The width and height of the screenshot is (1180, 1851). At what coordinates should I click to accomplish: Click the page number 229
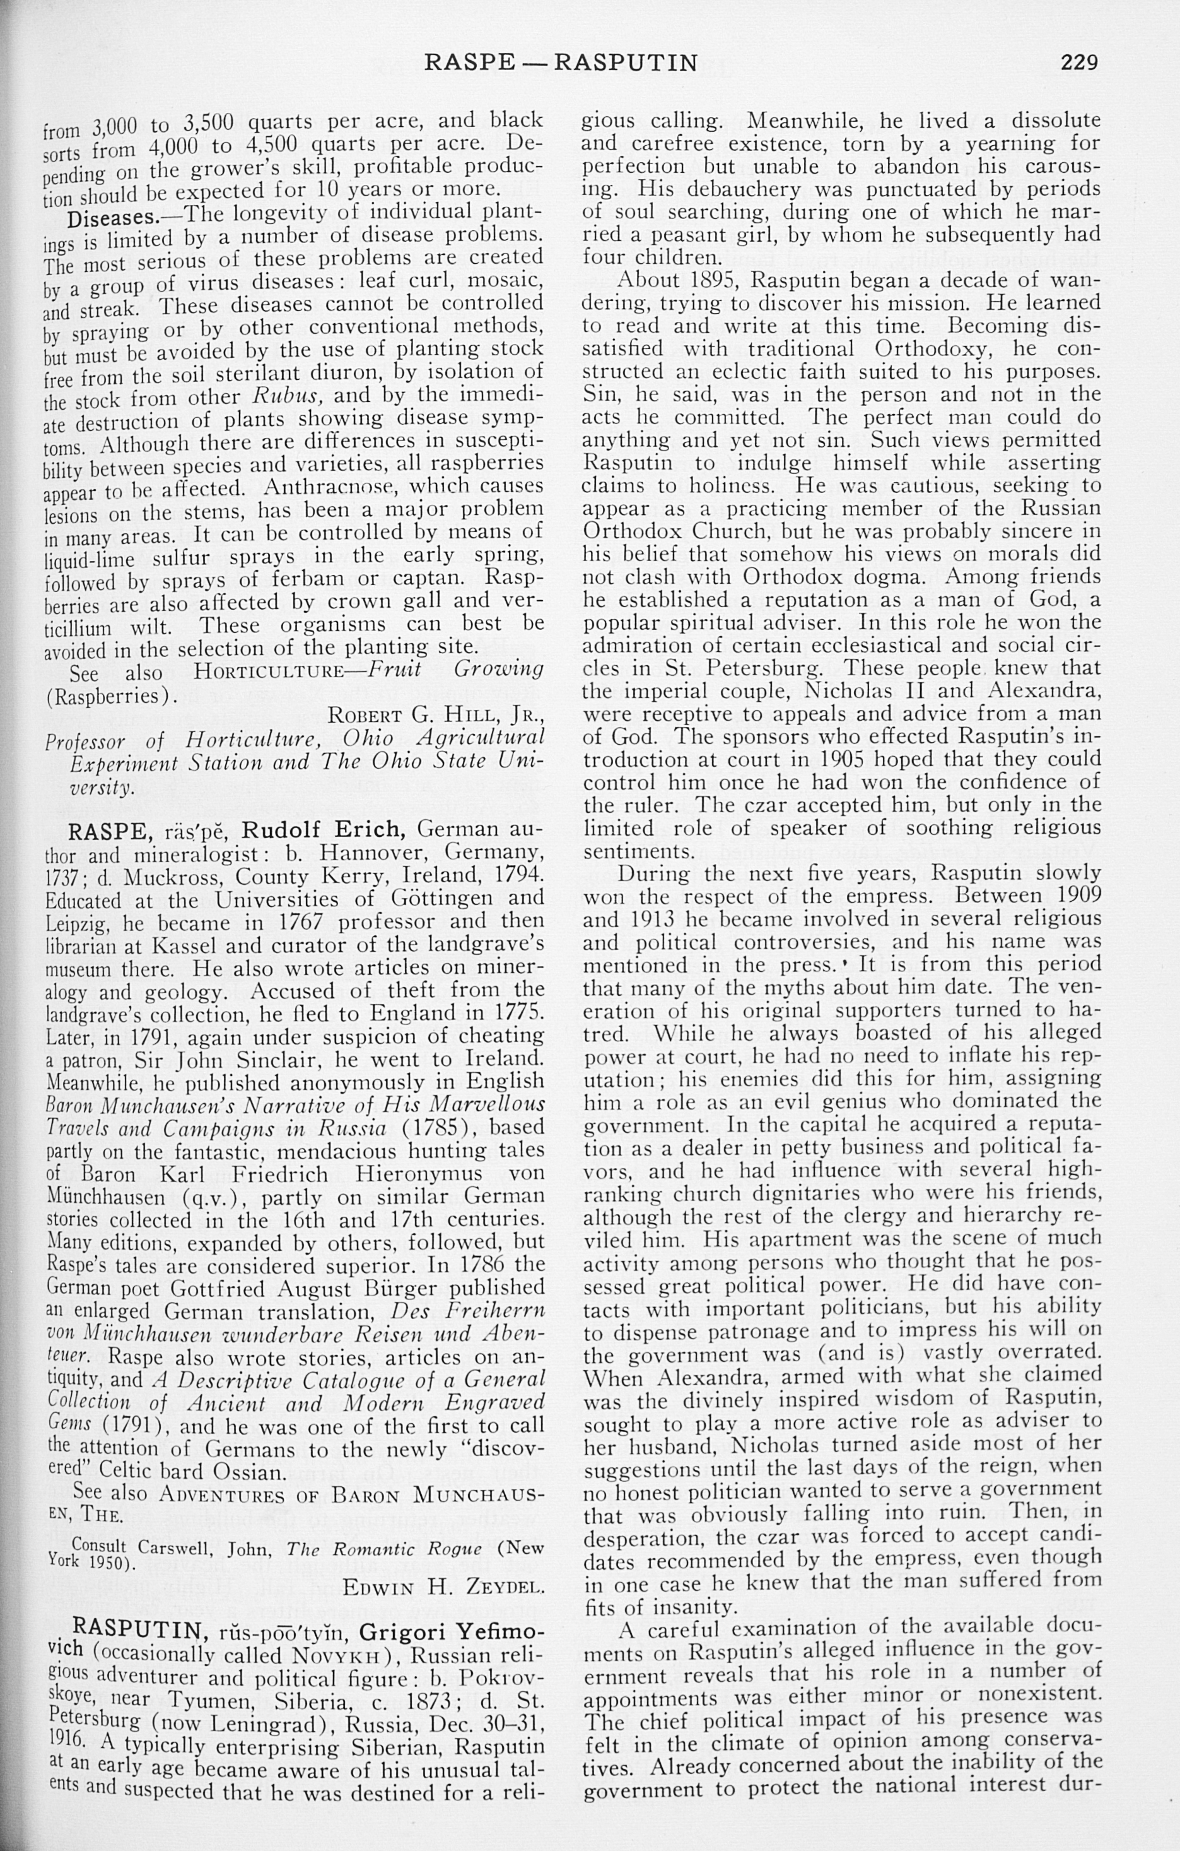(1079, 61)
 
